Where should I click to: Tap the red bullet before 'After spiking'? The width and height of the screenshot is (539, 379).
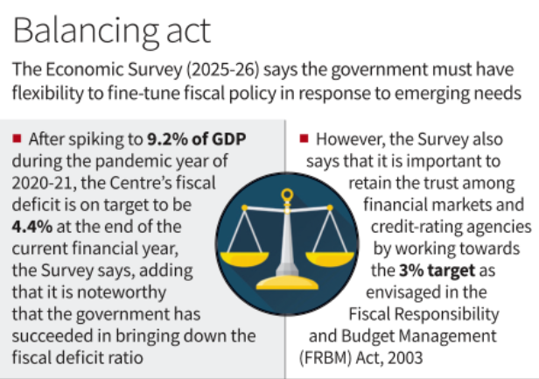pos(17,138)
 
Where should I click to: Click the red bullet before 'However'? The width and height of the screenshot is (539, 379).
pos(304,138)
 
